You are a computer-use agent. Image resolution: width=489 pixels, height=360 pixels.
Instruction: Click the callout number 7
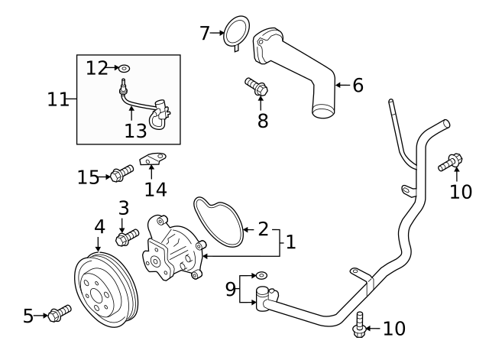pyautogui.click(x=204, y=33)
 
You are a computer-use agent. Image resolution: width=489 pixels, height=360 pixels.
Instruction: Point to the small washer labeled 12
pyautogui.click(x=125, y=69)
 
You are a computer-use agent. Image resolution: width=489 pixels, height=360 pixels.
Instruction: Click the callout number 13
pyautogui.click(x=135, y=131)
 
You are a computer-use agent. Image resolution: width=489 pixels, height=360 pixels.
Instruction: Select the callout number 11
pyautogui.click(x=57, y=99)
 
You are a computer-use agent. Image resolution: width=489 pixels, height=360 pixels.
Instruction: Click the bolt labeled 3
pyautogui.click(x=126, y=238)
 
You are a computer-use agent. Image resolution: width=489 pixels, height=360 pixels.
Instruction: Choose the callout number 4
pyautogui.click(x=99, y=227)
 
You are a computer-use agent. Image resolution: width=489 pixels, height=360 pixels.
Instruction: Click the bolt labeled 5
pyautogui.click(x=59, y=312)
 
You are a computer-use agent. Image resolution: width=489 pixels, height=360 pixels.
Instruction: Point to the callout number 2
pyautogui.click(x=262, y=228)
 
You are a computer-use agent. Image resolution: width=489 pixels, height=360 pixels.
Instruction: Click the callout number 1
pyautogui.click(x=290, y=242)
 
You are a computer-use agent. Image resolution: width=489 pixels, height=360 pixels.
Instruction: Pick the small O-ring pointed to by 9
pyautogui.click(x=261, y=274)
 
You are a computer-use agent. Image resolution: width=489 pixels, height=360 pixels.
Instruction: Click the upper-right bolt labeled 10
pyautogui.click(x=451, y=161)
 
